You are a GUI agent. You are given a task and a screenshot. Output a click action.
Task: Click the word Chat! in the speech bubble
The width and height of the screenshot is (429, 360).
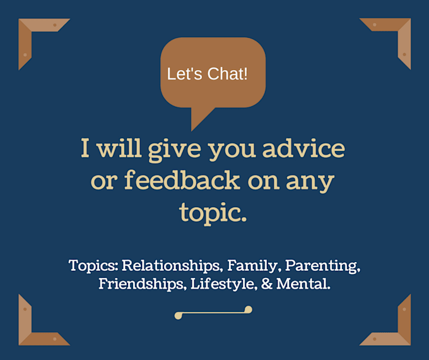tap(227, 74)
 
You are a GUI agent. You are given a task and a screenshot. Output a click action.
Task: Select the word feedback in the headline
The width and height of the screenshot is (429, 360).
tap(182, 180)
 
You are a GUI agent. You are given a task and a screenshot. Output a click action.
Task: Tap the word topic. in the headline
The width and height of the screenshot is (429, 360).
tap(213, 213)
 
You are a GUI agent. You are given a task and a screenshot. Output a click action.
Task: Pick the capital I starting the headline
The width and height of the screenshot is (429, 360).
tap(85, 148)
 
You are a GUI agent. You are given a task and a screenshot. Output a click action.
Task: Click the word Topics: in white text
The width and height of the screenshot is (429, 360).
tap(93, 266)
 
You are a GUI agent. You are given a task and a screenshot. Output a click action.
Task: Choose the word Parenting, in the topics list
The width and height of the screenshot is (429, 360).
tap(323, 266)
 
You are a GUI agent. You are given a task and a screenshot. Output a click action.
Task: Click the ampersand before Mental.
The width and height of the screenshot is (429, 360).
tap(267, 284)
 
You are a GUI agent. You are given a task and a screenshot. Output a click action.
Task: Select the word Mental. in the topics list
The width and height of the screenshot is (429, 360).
tap(303, 284)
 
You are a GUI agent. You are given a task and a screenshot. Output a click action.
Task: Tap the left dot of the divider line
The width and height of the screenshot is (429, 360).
tap(179, 316)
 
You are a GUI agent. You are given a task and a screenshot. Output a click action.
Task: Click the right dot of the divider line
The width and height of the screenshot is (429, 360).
tap(248, 309)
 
